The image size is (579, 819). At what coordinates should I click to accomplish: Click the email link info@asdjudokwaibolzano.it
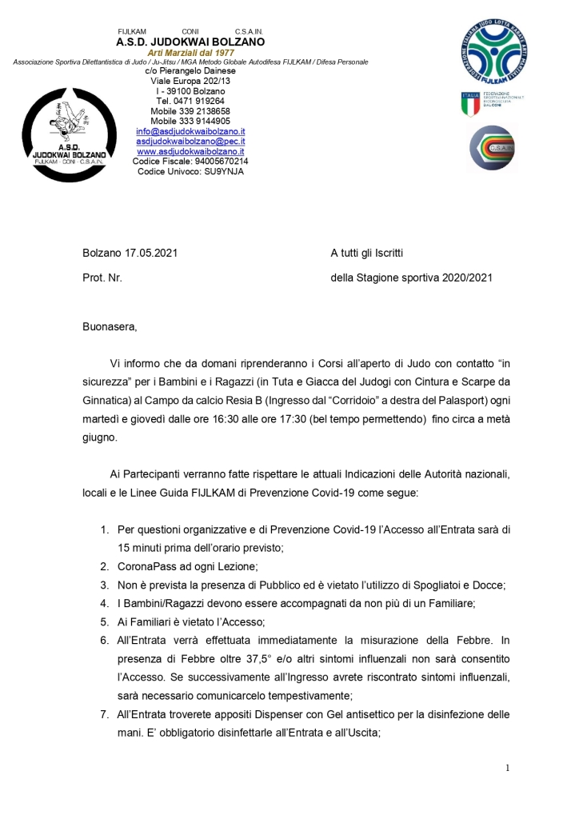(190, 131)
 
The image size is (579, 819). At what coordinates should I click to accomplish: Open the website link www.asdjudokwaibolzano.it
(190, 151)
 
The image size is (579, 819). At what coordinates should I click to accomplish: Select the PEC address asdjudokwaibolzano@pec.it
(190, 142)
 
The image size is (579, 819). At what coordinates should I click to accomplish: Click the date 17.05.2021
(151, 254)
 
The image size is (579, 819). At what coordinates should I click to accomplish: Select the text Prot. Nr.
(102, 278)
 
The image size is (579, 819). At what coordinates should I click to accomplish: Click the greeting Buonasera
(110, 326)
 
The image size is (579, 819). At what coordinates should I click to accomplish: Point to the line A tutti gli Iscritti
(366, 254)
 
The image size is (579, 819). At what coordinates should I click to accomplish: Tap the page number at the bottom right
(507, 769)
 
